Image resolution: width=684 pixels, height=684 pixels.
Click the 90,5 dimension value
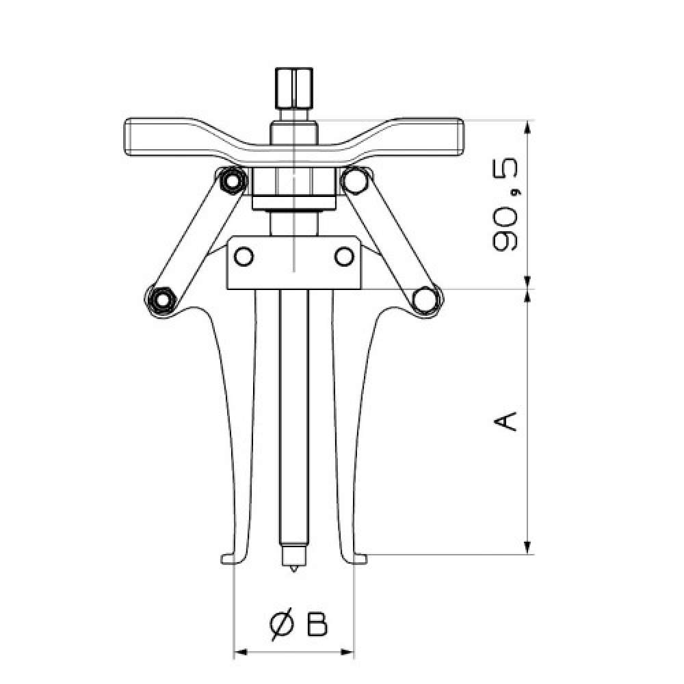point(505,205)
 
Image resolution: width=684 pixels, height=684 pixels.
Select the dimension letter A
point(505,421)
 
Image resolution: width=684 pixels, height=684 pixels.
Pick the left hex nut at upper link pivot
point(232,181)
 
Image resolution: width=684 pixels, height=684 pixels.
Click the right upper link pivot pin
point(355,181)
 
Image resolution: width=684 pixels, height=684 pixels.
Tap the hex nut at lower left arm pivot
point(162,300)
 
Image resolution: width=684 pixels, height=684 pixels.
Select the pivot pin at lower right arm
point(425,300)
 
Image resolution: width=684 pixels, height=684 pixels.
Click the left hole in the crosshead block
point(244,257)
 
